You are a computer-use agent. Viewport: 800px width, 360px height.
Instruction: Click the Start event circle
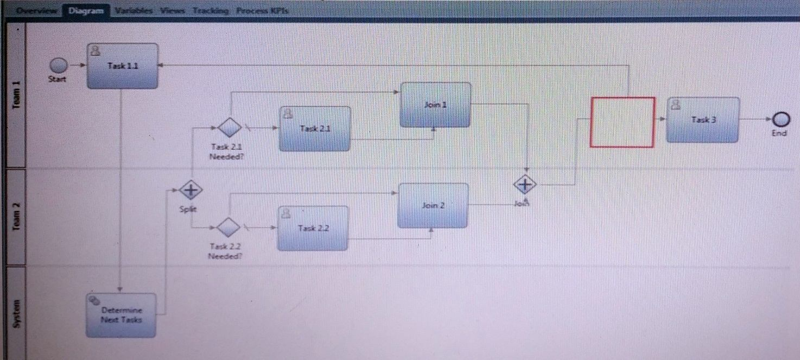[59, 66]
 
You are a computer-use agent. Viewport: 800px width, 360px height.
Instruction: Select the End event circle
[780, 119]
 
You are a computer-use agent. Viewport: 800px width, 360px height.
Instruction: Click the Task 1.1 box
[123, 66]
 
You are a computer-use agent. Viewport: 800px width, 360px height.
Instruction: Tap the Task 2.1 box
[315, 129]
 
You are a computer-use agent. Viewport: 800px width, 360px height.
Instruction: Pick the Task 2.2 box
[313, 228]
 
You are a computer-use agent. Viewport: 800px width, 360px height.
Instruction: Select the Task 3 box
[703, 120]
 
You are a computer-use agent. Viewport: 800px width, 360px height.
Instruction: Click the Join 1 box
[435, 105]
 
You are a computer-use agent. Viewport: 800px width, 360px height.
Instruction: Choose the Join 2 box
[433, 205]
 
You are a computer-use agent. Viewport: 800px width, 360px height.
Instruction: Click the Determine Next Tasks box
[121, 315]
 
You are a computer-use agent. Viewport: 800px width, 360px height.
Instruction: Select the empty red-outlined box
[623, 122]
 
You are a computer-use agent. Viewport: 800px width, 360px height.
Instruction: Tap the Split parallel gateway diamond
[191, 190]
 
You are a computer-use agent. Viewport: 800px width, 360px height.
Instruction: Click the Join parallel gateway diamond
[524, 185]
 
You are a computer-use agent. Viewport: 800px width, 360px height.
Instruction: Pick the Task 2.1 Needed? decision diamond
[229, 128]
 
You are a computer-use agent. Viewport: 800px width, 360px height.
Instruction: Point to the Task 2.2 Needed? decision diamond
[228, 227]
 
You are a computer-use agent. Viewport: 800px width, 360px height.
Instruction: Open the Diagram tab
[86, 11]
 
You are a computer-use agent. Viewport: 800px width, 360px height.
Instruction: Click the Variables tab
[134, 11]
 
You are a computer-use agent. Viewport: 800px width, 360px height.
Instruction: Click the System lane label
[16, 313]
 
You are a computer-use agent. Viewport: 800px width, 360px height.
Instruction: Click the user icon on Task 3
[676, 105]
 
